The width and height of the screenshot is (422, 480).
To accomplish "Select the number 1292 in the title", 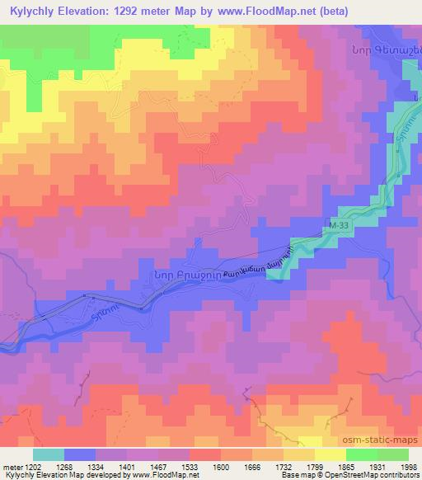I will pyautogui.click(x=148, y=12).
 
